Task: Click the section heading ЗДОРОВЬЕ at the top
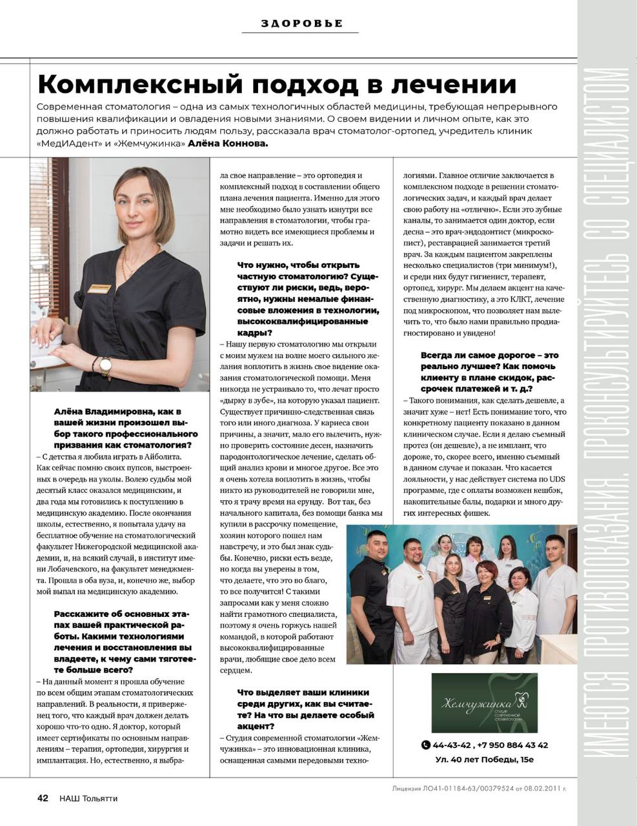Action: pyautogui.click(x=301, y=24)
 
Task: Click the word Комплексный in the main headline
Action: pyautogui.click(x=139, y=84)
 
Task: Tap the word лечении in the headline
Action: pyautogui.click(x=456, y=84)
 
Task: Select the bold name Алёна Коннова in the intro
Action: pyautogui.click(x=227, y=143)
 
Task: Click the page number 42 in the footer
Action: pyautogui.click(x=43, y=798)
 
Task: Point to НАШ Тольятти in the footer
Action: pyautogui.click(x=88, y=798)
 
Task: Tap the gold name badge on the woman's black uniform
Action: pyautogui.click(x=99, y=289)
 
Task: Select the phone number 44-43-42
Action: pyautogui.click(x=452, y=745)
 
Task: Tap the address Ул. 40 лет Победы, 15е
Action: pyautogui.click(x=484, y=759)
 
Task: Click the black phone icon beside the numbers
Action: pyautogui.click(x=425, y=745)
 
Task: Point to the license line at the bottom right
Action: pyautogui.click(x=479, y=788)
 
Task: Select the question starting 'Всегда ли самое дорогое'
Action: pyautogui.click(x=490, y=372)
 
